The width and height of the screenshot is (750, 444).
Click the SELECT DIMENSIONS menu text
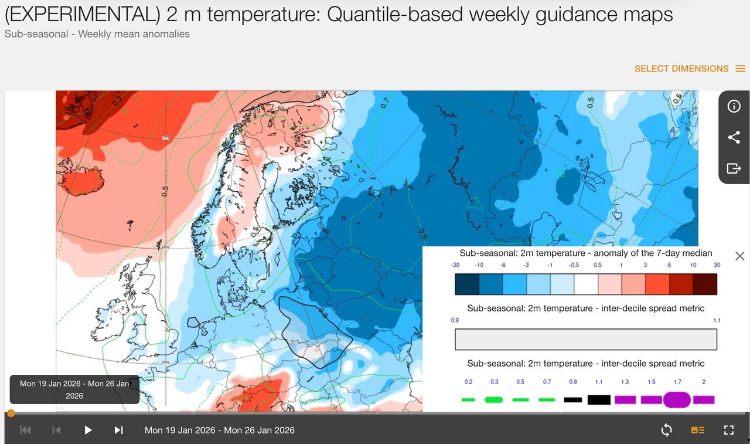pyautogui.click(x=681, y=69)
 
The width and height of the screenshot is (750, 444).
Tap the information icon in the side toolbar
pyautogui.click(x=734, y=106)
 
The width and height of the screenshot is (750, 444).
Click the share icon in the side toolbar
pyautogui.click(x=734, y=137)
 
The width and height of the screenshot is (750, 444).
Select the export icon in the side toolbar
pyautogui.click(x=734, y=169)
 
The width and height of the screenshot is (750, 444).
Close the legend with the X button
pyautogui.click(x=739, y=256)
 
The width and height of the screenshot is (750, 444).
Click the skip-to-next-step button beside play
pyautogui.click(x=118, y=430)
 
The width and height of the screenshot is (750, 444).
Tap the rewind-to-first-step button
pyautogui.click(x=25, y=430)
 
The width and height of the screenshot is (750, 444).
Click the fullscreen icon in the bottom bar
pyautogui.click(x=729, y=430)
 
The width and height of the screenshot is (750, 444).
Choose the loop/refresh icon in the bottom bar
pyautogui.click(x=666, y=430)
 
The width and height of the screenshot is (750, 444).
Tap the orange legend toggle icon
pyautogui.click(x=698, y=430)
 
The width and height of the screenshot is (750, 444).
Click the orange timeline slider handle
pyautogui.click(x=11, y=414)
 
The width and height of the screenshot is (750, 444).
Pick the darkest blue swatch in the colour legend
pyautogui.click(x=467, y=284)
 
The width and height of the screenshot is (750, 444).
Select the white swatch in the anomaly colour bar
pyautogui.click(x=586, y=284)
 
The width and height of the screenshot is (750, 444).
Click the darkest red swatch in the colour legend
pyautogui.click(x=705, y=284)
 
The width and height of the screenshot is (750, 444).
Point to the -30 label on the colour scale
pyautogui.click(x=455, y=265)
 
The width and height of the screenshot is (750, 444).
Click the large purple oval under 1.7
pyautogui.click(x=677, y=399)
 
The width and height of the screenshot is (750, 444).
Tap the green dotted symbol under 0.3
pyautogui.click(x=494, y=399)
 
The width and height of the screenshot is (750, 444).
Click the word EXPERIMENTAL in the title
pyautogui.click(x=82, y=15)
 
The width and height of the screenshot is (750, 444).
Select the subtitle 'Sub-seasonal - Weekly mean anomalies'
pyautogui.click(x=97, y=34)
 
